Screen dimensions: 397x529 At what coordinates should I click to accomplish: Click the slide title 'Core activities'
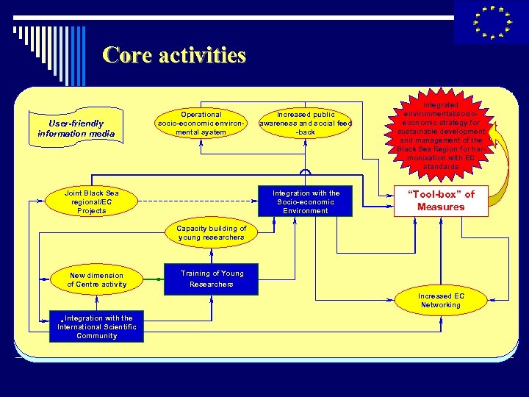point(174,55)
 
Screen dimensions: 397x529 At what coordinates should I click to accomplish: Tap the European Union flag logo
point(491,22)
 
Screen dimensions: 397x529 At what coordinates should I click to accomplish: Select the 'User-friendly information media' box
point(76,128)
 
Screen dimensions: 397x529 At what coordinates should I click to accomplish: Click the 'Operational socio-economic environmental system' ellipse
point(201,124)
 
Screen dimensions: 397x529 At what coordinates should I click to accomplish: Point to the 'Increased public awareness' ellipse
point(305,124)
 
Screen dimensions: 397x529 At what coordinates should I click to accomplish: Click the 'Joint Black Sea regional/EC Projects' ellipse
point(91,201)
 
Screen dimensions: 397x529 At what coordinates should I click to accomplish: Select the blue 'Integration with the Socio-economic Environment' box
point(306,201)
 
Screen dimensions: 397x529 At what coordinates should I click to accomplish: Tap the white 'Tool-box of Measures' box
point(441,201)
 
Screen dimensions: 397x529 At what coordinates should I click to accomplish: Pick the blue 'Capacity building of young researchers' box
point(211,233)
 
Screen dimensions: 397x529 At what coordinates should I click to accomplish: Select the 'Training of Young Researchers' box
point(211,279)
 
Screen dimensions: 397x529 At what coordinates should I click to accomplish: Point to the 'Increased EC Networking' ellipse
point(440,300)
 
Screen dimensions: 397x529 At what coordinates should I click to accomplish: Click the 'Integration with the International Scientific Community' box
point(96,326)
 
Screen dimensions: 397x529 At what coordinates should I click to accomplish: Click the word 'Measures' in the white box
point(441,207)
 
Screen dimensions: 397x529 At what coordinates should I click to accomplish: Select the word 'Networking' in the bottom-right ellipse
point(440,305)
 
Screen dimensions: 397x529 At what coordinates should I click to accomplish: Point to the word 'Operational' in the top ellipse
point(201,115)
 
